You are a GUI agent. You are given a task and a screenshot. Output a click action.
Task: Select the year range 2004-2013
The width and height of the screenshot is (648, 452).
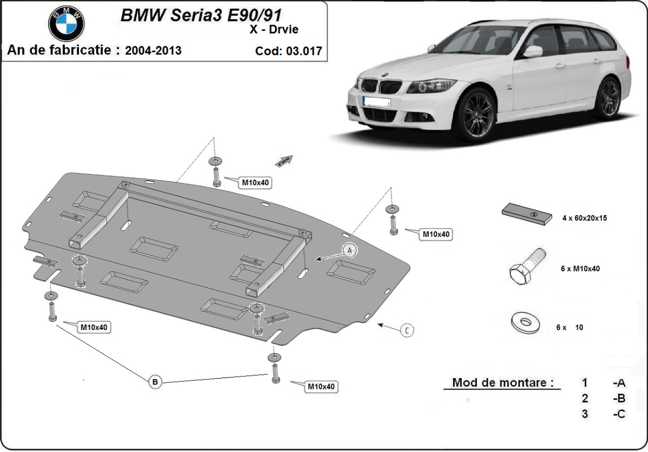click(x=153, y=51)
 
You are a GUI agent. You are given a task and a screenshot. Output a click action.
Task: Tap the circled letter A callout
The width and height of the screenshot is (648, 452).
click(x=349, y=250)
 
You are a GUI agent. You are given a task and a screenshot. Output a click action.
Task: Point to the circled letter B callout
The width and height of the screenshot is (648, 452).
click(x=155, y=382)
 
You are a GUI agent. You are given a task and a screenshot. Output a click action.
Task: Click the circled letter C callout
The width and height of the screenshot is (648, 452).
click(x=407, y=330)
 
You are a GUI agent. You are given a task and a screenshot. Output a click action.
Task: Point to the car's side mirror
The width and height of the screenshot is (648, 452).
click(x=532, y=52)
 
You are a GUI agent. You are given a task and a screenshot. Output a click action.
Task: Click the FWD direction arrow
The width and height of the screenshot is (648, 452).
click(x=285, y=160)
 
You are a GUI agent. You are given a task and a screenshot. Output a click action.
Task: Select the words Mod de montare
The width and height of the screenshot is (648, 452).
click(x=503, y=383)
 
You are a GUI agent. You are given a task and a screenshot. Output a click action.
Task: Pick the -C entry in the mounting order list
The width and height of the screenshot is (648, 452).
click(x=619, y=414)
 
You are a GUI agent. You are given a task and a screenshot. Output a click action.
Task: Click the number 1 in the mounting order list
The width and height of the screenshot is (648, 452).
click(x=585, y=383)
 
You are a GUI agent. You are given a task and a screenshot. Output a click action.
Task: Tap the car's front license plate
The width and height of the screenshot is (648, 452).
click(x=376, y=101)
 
